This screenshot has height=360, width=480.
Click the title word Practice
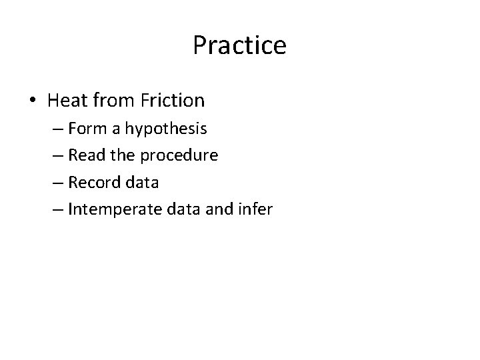(x=239, y=46)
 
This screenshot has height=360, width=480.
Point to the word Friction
(x=173, y=101)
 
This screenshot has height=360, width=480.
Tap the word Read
(x=85, y=155)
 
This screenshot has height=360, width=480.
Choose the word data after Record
(x=140, y=182)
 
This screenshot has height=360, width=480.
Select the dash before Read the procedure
(x=59, y=156)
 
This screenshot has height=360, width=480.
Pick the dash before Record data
(x=59, y=183)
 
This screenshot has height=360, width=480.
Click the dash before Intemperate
(x=59, y=210)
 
